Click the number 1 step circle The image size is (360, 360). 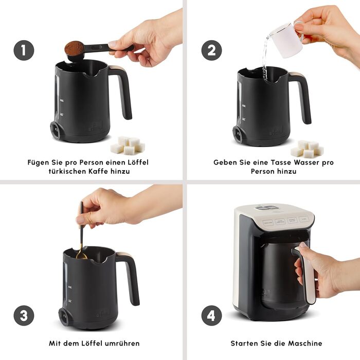tap(24, 50)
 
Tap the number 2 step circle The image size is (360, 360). tap(212, 50)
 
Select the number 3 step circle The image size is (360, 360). tap(24, 315)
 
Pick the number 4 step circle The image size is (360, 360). tap(212, 315)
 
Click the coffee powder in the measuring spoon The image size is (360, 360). tap(74, 48)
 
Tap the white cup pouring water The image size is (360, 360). tap(287, 40)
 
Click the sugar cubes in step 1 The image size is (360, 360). tap(128, 145)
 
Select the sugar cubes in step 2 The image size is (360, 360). tap(307, 149)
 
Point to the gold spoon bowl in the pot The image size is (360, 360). tap(81, 256)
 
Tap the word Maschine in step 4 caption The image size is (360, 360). tap(305, 343)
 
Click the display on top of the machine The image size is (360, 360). tap(267, 208)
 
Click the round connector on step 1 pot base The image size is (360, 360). tap(56, 130)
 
